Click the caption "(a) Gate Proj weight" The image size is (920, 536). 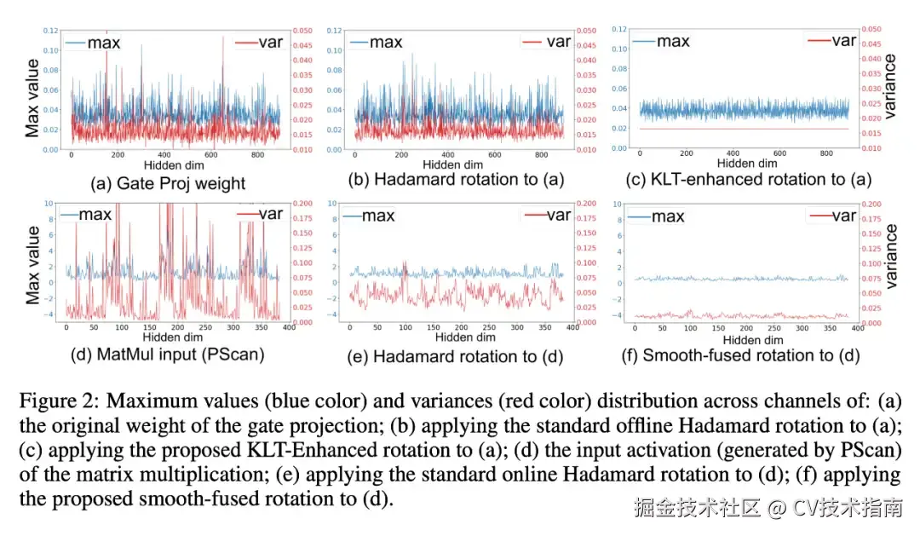pyautogui.click(x=168, y=182)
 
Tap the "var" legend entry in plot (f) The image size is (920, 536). pyautogui.click(x=844, y=215)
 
